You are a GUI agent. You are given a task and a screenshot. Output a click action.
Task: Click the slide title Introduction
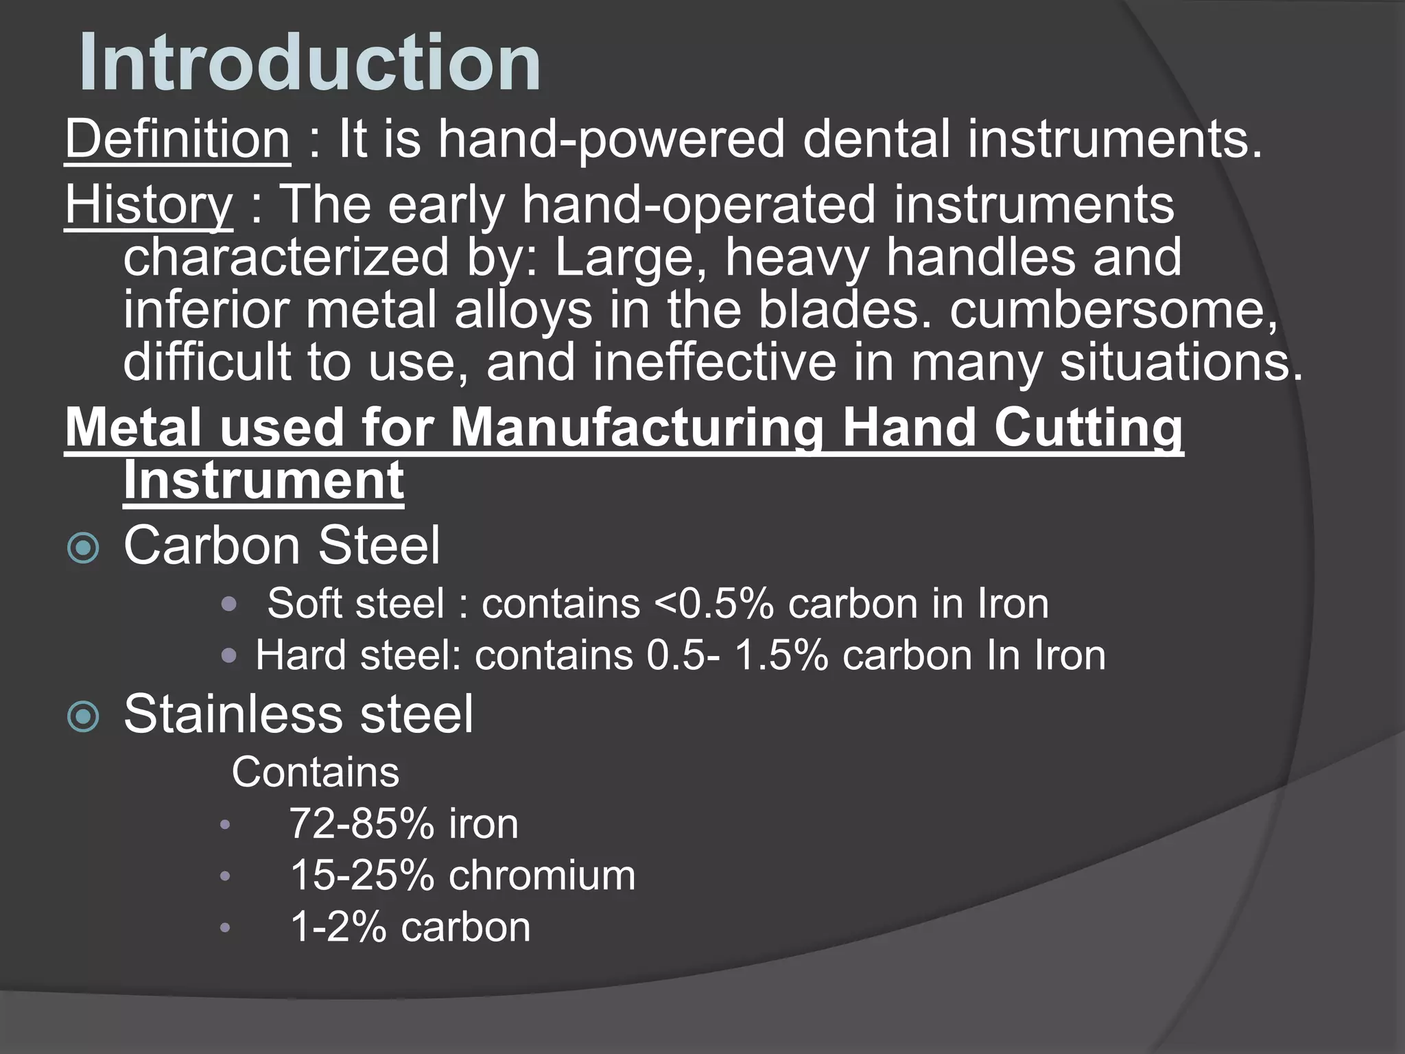(x=310, y=63)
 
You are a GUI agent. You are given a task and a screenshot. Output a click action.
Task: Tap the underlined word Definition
(x=178, y=139)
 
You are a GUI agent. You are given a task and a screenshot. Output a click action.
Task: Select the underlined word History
(x=149, y=204)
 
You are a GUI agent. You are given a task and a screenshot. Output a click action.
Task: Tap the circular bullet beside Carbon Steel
(x=84, y=548)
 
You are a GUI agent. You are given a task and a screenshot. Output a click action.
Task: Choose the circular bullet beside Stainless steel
(x=84, y=716)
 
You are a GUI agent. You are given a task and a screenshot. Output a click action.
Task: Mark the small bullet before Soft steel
(x=229, y=605)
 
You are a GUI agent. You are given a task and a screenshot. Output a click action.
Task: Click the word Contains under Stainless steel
(x=315, y=773)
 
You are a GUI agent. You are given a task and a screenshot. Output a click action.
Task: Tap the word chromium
(x=542, y=876)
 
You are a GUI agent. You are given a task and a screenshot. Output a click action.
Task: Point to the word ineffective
(x=714, y=362)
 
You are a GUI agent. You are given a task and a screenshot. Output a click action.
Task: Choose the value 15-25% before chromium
(x=362, y=876)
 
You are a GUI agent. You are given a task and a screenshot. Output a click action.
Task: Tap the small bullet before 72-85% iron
(x=225, y=825)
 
